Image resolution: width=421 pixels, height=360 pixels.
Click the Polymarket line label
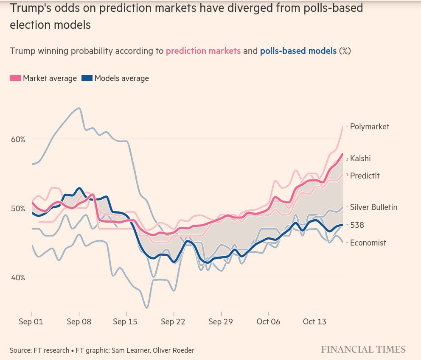(x=369, y=126)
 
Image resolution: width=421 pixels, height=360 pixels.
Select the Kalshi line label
(x=360, y=159)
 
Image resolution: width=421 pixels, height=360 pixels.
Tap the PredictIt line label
(x=365, y=176)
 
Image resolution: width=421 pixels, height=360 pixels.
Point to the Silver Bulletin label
(x=373, y=207)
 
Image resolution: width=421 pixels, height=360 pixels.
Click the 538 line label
(x=357, y=226)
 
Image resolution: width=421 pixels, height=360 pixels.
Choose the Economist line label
(x=368, y=243)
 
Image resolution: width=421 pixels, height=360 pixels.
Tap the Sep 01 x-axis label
(x=31, y=322)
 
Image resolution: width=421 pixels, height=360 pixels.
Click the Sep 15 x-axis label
(x=125, y=322)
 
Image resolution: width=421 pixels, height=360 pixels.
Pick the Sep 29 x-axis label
(x=221, y=322)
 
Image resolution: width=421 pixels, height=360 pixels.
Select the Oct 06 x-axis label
(x=268, y=322)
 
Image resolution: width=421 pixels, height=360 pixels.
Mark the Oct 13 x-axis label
(x=314, y=322)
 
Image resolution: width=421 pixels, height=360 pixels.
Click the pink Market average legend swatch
(x=15, y=78)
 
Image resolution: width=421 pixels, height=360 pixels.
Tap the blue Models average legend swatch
(x=87, y=78)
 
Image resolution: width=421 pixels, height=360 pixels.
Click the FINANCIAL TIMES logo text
(x=363, y=350)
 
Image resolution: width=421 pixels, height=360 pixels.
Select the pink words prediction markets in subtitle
(x=203, y=51)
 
